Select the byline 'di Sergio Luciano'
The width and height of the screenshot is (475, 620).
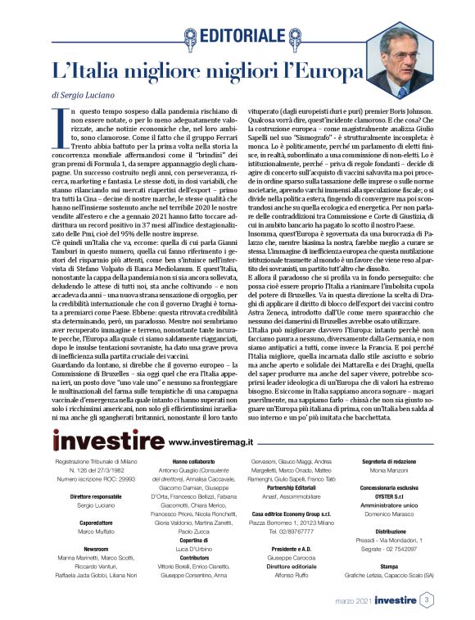[x=84, y=95]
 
